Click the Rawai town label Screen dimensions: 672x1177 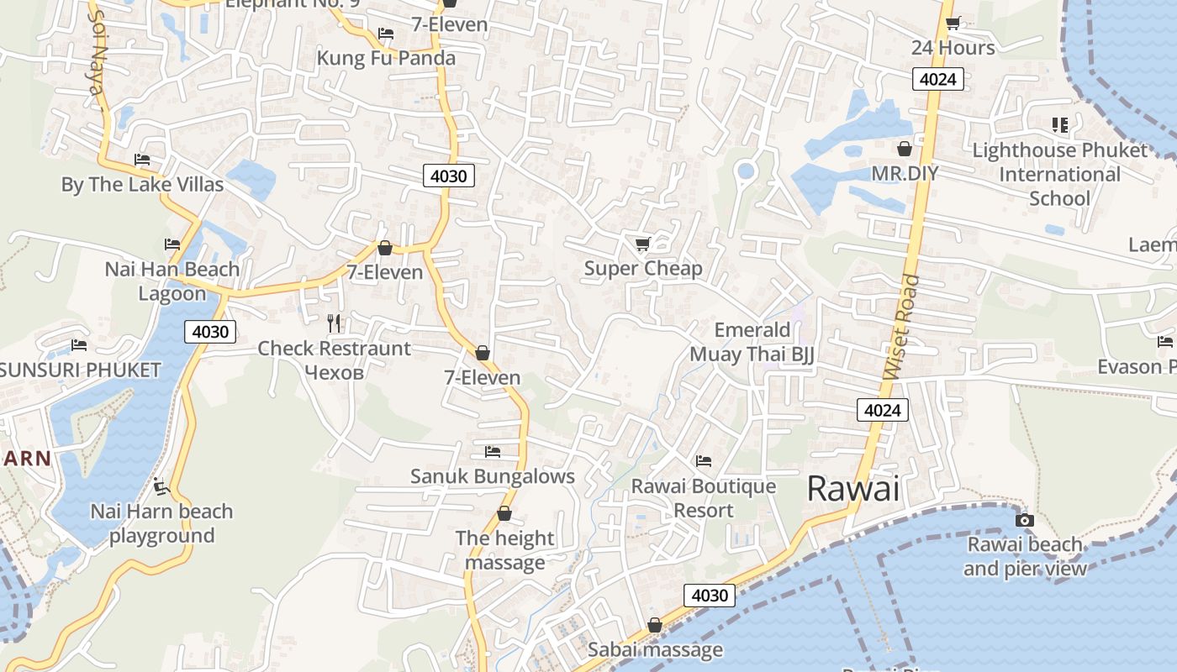(852, 489)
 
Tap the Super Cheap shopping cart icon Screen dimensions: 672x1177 (643, 244)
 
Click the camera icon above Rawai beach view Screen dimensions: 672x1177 (1024, 520)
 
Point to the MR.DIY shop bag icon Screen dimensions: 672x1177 (905, 150)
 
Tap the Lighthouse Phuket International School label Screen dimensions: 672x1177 (1059, 174)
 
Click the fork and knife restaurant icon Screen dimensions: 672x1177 (335, 323)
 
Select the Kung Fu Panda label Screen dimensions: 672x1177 (386, 58)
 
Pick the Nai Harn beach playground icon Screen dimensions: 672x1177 (161, 486)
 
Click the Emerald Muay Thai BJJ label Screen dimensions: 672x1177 (752, 342)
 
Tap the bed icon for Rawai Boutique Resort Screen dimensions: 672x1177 (704, 460)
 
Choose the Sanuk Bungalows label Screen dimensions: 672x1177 (492, 476)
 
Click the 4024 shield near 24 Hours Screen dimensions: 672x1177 (937, 79)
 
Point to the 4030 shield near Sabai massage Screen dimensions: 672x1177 (709, 596)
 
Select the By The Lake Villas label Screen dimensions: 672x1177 (142, 184)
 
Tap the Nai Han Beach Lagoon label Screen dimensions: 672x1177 (172, 281)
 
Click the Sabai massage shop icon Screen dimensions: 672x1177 (655, 626)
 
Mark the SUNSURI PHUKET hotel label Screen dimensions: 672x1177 (80, 370)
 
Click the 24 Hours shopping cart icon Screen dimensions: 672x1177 (953, 24)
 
